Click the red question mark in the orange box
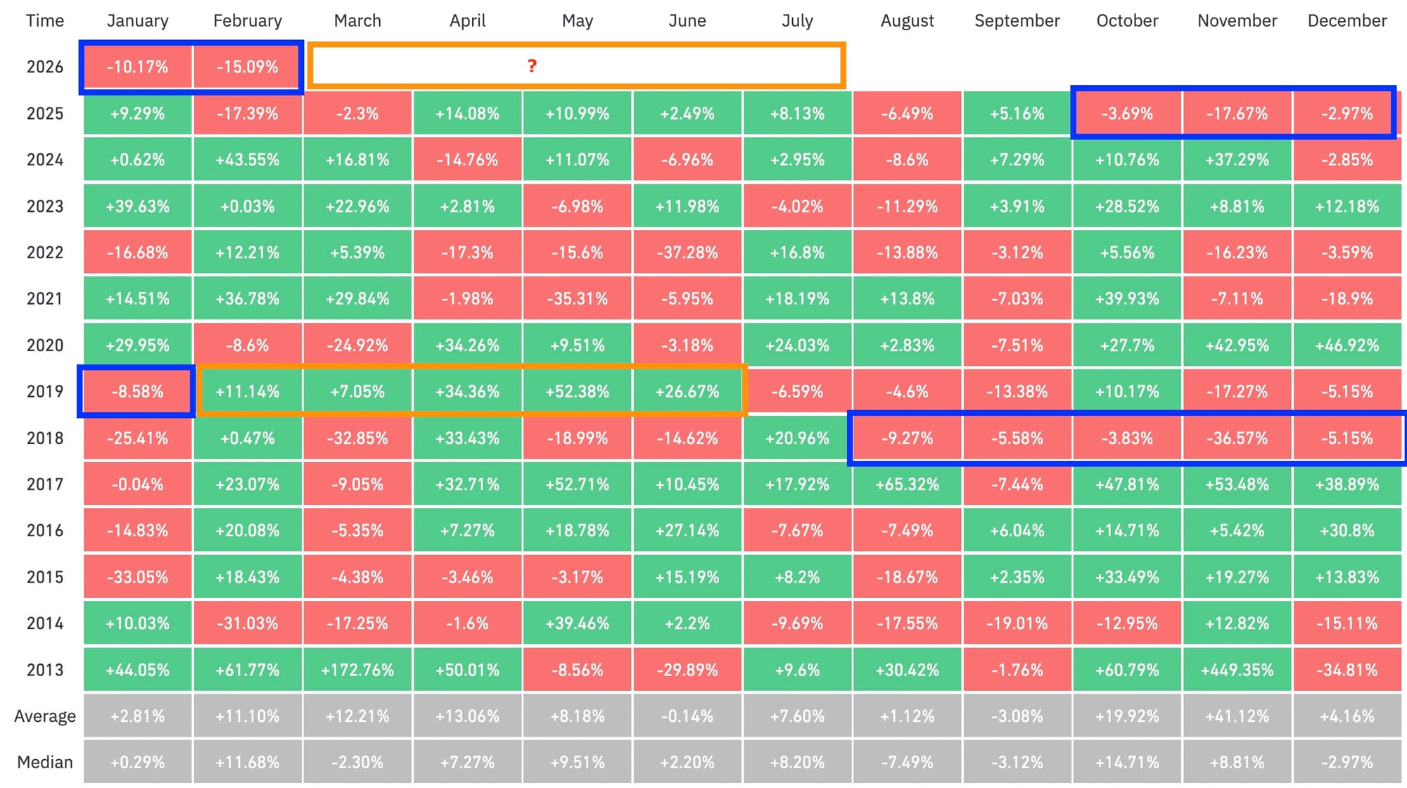click(532, 66)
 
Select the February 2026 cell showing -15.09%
click(247, 67)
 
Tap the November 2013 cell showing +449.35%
click(1237, 670)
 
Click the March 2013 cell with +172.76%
click(357, 670)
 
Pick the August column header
click(907, 21)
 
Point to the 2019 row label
click(45, 391)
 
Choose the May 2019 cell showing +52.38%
click(578, 391)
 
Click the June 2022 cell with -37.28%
click(687, 253)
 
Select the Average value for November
click(1237, 716)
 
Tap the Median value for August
click(907, 762)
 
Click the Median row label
click(45, 762)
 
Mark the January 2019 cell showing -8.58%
click(137, 391)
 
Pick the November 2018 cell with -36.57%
click(1237, 438)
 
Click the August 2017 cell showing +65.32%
click(907, 484)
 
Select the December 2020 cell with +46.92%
click(1346, 345)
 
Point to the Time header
click(45, 21)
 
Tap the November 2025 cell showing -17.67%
click(1237, 113)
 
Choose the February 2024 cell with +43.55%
click(247, 160)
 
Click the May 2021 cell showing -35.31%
click(578, 299)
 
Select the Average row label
click(45, 716)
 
